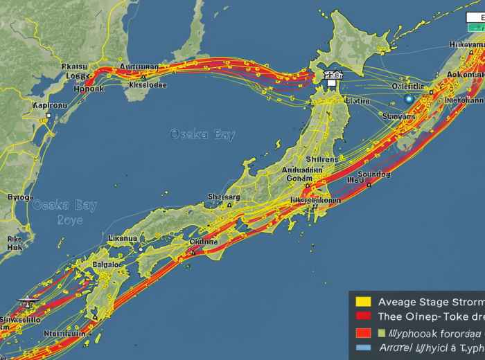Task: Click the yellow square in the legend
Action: point(360,301)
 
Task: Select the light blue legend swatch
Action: point(360,348)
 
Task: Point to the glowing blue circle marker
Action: point(408,100)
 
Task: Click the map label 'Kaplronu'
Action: point(51,105)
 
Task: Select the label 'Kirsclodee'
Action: point(148,86)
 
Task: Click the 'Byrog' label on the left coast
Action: point(19,197)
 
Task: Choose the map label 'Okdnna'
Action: point(204,242)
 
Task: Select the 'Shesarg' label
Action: point(224,197)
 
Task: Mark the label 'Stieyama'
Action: point(398,117)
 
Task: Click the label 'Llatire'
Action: point(358,101)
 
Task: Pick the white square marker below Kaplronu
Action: point(48,116)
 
